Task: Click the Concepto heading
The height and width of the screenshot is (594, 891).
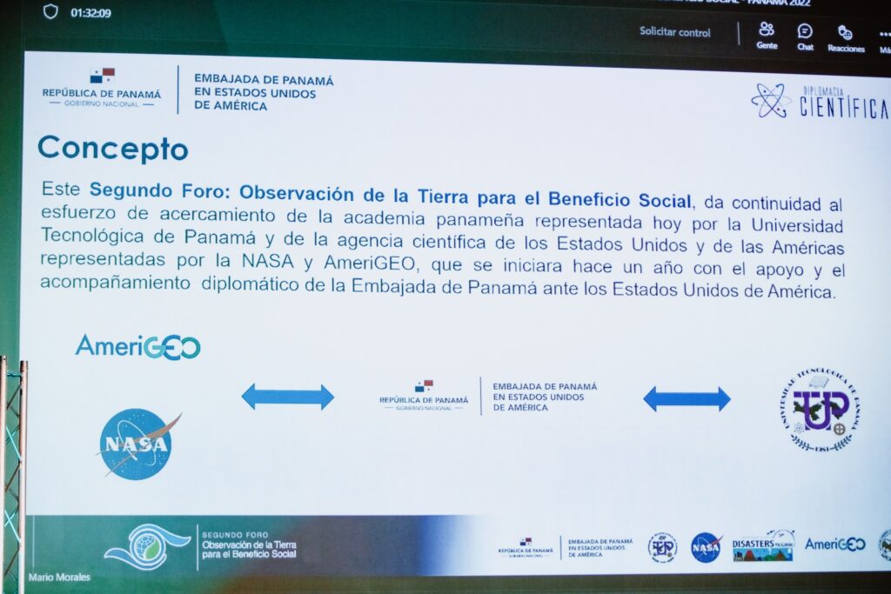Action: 112,148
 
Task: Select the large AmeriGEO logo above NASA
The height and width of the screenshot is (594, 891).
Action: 137,346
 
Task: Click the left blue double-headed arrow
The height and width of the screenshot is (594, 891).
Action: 287,397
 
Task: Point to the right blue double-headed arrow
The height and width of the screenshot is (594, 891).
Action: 687,398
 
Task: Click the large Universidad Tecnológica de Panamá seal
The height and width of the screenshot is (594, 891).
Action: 819,410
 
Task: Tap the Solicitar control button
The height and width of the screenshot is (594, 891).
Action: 674,32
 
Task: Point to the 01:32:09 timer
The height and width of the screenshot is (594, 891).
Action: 90,13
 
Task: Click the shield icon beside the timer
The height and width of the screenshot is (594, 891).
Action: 50,12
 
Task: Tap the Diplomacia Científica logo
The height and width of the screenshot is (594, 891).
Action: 819,101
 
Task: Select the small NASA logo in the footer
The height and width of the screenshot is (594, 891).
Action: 706,547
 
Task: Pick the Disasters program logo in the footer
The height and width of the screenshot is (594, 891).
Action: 763,545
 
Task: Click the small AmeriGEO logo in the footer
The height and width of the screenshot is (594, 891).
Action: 834,544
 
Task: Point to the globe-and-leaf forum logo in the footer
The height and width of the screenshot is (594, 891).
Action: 146,546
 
